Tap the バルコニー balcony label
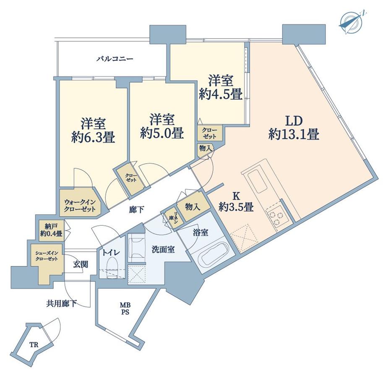click(115, 59)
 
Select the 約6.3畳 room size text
click(93, 137)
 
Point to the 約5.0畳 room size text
click(162, 133)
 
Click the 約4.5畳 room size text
click(221, 94)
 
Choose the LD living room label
click(294, 121)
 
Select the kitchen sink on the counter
click(256, 182)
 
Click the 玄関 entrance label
click(81, 264)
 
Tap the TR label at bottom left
click(34, 345)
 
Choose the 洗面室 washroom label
click(163, 250)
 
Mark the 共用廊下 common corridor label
click(61, 304)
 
